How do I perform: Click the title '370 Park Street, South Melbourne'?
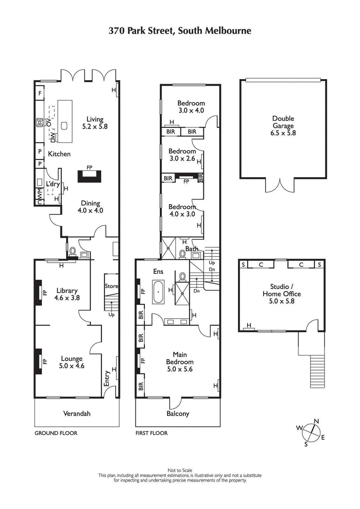(x=180, y=31)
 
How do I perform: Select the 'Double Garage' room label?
(x=283, y=122)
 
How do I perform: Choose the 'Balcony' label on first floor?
(x=178, y=414)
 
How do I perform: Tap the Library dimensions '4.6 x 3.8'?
(x=67, y=298)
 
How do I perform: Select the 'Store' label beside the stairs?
(x=111, y=286)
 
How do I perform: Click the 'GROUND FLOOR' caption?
(x=56, y=433)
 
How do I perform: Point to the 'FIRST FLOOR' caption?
(x=152, y=433)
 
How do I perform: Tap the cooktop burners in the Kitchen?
(x=40, y=122)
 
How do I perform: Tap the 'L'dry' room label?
(x=53, y=184)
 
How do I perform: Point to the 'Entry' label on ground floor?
(x=107, y=378)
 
